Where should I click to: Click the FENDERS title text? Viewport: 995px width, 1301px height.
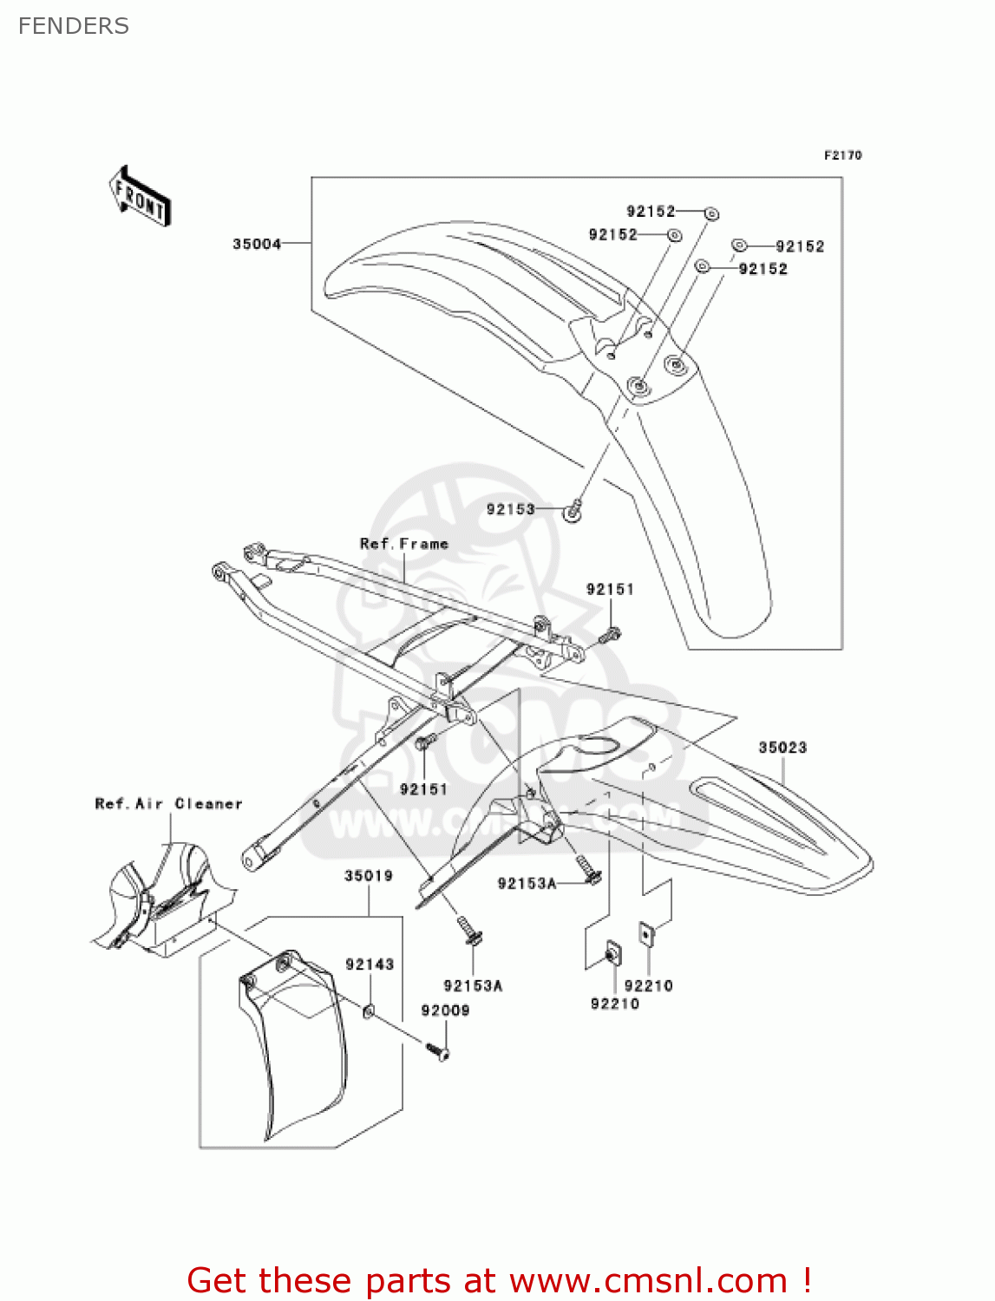(x=74, y=26)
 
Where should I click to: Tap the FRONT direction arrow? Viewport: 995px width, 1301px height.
(x=140, y=197)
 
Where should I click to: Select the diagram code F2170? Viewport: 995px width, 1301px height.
(x=842, y=155)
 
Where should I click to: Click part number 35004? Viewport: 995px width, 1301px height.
(x=257, y=244)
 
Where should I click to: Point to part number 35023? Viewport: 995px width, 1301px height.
(x=782, y=747)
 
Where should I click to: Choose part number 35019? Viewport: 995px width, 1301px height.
(x=369, y=875)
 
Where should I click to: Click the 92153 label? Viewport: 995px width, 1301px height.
(x=510, y=509)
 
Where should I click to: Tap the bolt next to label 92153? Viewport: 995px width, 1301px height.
(x=573, y=512)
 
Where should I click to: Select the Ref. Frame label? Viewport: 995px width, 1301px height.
(x=404, y=544)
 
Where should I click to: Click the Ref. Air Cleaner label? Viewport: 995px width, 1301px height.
(x=168, y=804)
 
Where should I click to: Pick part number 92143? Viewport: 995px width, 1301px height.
(x=370, y=964)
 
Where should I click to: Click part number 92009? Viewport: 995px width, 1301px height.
(x=445, y=1010)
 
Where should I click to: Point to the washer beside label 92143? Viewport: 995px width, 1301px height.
(x=369, y=1010)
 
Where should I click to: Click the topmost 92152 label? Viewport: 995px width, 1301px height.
(x=651, y=211)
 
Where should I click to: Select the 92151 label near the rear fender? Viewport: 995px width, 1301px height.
(x=610, y=589)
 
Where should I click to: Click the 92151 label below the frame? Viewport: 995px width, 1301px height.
(x=423, y=788)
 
